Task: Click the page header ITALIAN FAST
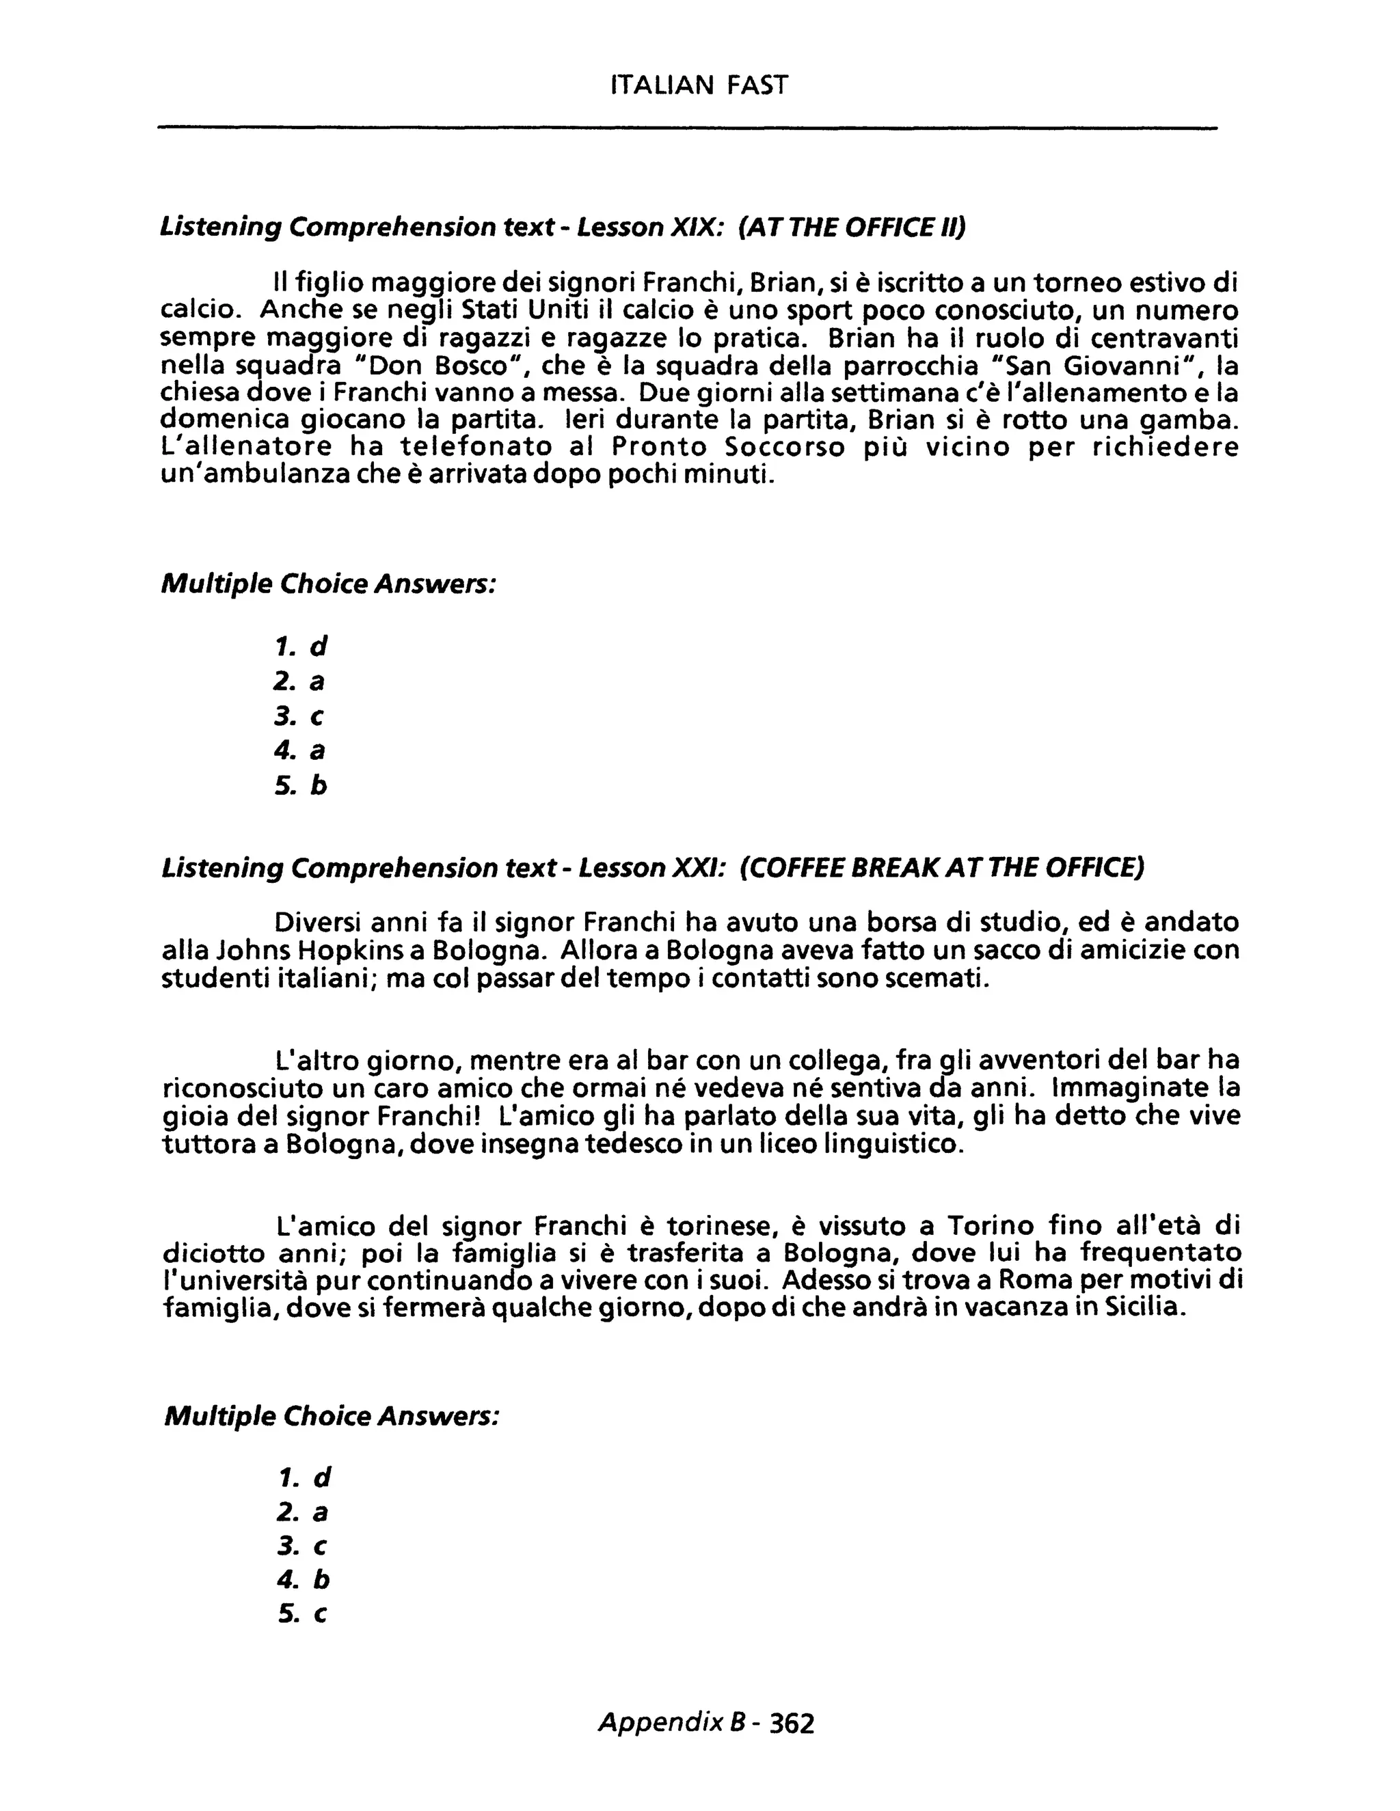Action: [x=699, y=85]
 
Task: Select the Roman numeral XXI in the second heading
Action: [x=699, y=868]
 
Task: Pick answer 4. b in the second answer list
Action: [x=304, y=1579]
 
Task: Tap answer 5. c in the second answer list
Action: [x=304, y=1613]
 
